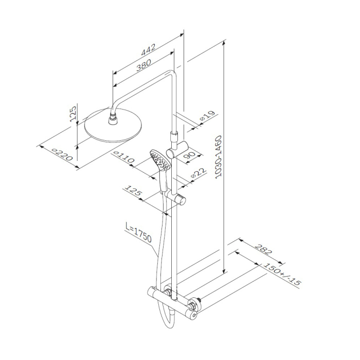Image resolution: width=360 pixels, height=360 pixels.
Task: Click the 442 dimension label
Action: tap(149, 50)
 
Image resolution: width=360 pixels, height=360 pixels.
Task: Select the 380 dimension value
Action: tap(144, 65)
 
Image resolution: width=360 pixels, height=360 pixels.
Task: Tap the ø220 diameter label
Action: tap(62, 154)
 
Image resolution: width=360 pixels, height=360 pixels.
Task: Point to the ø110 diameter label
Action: tap(124, 157)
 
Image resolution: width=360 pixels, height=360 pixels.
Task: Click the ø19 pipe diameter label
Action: tap(207, 116)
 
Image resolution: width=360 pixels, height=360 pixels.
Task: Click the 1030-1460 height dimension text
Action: tap(219, 156)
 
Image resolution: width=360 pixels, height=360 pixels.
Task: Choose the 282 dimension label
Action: tap(263, 249)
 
